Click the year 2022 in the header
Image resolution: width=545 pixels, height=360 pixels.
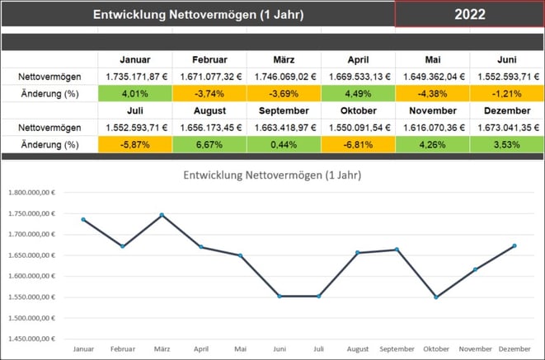click(x=469, y=14)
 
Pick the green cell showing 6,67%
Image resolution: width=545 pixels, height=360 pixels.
click(x=209, y=144)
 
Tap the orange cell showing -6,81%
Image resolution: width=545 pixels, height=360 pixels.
click(x=358, y=144)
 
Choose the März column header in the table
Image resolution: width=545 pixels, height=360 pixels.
click(x=284, y=60)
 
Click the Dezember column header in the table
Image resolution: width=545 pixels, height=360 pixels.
click(x=506, y=111)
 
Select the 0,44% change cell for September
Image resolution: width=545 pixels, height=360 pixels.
click(x=284, y=144)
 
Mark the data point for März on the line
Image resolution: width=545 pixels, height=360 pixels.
click(x=162, y=215)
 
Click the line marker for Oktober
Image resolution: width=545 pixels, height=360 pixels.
click(x=436, y=297)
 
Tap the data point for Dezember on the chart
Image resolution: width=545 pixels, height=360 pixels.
click(x=514, y=245)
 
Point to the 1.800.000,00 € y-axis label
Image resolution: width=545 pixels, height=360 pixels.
click(x=31, y=193)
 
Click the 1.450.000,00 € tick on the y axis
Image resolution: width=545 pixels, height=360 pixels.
click(x=31, y=339)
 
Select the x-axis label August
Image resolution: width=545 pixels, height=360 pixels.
click(x=358, y=350)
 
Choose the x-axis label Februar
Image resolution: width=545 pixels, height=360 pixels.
click(x=123, y=350)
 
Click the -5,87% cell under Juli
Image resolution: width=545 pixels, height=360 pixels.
click(x=135, y=144)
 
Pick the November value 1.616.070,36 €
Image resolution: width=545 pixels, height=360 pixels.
click(x=432, y=128)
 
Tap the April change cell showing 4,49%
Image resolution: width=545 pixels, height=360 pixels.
click(x=358, y=93)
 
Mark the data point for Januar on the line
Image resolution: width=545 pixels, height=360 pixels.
click(x=83, y=220)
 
